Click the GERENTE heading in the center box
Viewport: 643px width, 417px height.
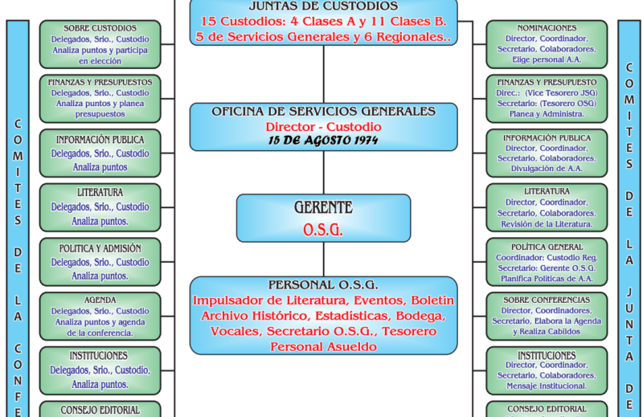(323, 208)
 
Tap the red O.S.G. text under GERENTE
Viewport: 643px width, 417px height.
(323, 230)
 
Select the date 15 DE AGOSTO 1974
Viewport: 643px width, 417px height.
(323, 141)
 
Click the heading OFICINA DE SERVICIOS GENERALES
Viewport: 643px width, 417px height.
(323, 112)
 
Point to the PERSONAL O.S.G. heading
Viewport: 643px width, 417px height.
(323, 284)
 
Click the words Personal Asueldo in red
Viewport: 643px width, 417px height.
(323, 346)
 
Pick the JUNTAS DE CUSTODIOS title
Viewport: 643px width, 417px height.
(323, 6)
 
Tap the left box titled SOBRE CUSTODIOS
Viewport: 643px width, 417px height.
(100, 44)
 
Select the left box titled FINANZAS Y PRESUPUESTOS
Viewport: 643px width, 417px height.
(100, 98)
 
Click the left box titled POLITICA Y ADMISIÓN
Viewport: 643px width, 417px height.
(100, 262)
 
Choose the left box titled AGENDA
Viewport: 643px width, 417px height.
(100, 316)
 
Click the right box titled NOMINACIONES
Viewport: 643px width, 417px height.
(547, 43)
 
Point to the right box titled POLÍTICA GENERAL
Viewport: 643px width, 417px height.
(547, 262)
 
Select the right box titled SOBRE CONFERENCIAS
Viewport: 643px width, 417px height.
(547, 316)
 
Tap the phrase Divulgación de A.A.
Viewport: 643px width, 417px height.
(547, 169)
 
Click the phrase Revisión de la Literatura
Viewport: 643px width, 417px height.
(547, 224)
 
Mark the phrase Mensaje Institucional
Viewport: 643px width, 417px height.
(547, 386)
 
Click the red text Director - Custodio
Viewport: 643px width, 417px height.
(323, 127)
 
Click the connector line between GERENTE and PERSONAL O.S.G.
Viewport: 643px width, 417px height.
(324, 260)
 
